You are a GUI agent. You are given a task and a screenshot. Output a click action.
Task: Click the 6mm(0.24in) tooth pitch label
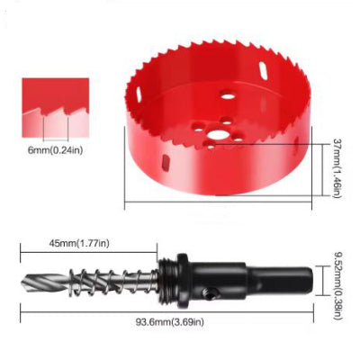point(55,150)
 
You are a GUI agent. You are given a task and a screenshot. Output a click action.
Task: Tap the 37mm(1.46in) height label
point(337,167)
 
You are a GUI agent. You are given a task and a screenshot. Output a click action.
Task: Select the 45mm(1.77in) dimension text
point(79,243)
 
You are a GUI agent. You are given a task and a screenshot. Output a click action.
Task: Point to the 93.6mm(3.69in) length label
point(170,322)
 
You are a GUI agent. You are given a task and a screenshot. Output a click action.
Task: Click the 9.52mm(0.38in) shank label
point(337,286)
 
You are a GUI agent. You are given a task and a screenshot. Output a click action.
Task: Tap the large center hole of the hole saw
point(217,134)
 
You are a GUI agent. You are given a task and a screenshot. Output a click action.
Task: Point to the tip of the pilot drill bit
point(22,283)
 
